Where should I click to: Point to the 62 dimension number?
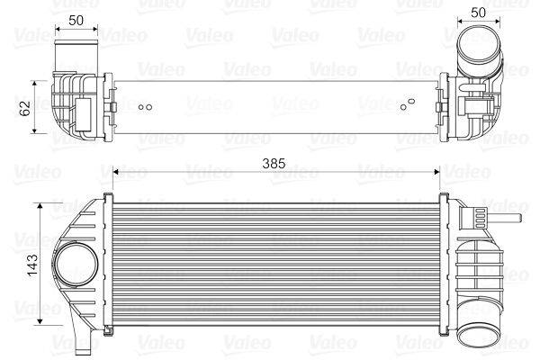[24, 108]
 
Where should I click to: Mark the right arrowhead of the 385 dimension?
[436, 169]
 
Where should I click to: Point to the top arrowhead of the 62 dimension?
[36, 81]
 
